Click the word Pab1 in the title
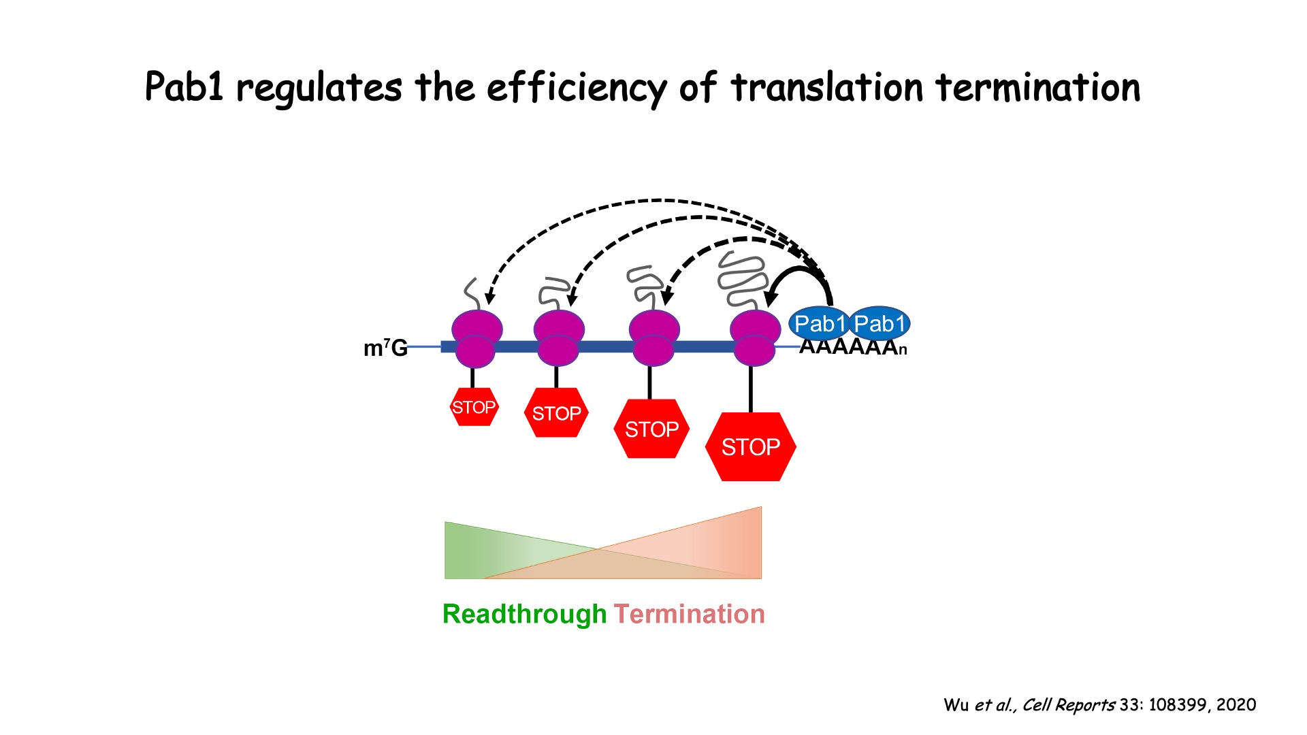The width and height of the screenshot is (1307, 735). coord(184,87)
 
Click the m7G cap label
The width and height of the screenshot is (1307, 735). coord(385,348)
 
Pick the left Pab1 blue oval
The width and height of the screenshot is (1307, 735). coord(820,324)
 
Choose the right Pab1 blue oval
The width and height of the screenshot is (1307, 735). coord(880,324)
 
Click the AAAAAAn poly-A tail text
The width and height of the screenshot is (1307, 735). coord(852,347)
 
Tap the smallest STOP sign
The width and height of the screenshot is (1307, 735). coord(474,407)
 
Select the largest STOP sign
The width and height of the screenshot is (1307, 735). coord(751,446)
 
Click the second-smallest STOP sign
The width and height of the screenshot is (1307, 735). coord(556,412)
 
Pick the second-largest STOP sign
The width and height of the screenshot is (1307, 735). coord(651,429)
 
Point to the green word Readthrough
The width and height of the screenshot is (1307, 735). coord(524,614)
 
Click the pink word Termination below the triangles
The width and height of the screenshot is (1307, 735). coord(689,614)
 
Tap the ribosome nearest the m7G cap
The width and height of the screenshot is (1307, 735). coord(477,338)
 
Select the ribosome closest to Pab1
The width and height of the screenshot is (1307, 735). coord(754,338)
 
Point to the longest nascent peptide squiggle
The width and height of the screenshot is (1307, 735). coord(742,279)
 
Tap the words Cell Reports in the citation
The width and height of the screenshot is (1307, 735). coord(1068,705)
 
